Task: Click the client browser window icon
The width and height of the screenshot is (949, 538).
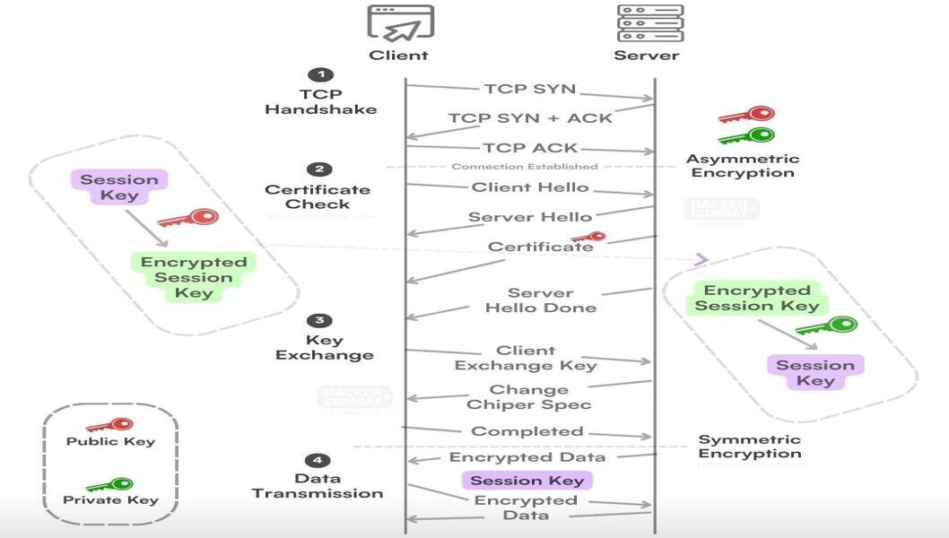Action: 400,23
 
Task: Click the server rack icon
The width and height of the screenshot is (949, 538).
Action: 649,23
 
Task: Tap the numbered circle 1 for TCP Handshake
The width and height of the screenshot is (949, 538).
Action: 319,75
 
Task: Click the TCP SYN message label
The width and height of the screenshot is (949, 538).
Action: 529,89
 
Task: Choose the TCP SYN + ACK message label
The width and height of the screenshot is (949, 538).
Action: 530,117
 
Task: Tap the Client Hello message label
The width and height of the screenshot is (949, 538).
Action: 530,187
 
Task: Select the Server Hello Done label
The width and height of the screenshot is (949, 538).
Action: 540,300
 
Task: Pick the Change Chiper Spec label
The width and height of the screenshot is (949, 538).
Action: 528,397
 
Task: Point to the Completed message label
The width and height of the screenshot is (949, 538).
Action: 527,431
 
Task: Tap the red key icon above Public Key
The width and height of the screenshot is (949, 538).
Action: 109,424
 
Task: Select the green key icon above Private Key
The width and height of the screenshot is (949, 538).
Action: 109,484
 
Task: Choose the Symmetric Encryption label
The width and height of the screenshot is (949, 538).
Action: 749,447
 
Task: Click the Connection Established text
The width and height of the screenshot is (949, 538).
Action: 524,167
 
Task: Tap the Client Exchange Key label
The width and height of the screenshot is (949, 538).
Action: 526,358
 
